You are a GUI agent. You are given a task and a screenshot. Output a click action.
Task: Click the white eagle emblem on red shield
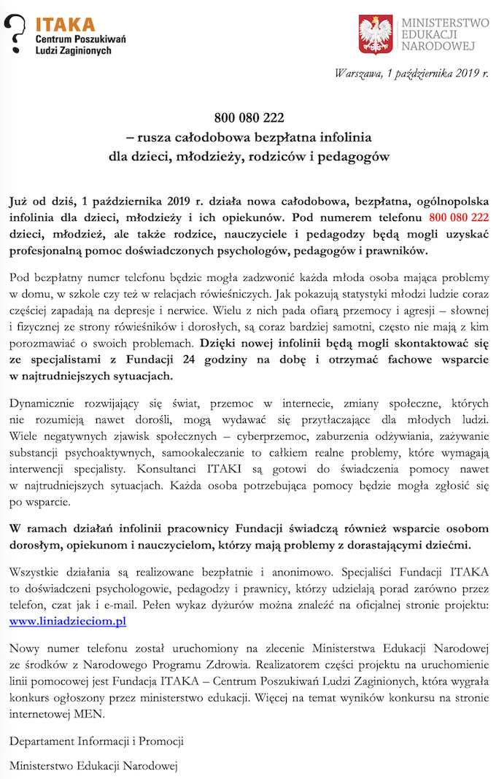(x=376, y=34)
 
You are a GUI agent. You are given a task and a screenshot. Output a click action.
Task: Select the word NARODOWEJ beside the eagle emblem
(x=438, y=47)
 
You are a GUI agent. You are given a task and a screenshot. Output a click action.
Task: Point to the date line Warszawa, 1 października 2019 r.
(x=411, y=72)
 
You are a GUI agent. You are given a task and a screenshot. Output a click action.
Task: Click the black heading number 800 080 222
(x=249, y=117)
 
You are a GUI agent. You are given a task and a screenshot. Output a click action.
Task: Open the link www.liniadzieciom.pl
(x=68, y=621)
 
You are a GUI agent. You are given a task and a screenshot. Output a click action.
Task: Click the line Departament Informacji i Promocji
(x=96, y=741)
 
